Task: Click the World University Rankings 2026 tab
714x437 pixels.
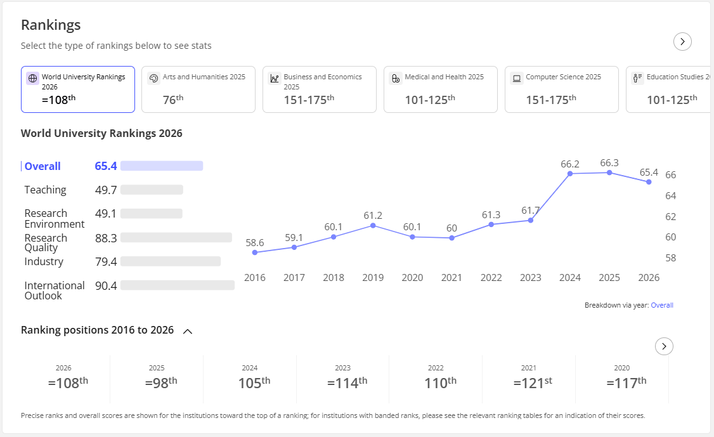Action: [78, 89]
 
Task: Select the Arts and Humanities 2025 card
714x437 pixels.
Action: [198, 89]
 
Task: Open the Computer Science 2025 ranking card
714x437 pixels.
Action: [561, 89]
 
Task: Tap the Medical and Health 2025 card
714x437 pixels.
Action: [440, 89]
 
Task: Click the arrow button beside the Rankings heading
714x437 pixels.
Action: [682, 41]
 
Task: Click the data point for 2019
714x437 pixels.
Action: [373, 226]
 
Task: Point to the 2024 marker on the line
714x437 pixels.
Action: [569, 174]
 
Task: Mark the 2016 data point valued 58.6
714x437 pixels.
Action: [254, 252]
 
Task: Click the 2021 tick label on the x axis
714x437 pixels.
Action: [451, 278]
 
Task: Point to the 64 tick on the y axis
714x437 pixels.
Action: [671, 196]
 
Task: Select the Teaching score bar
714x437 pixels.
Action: [152, 190]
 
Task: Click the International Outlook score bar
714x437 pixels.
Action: [178, 285]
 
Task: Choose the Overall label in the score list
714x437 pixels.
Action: [42, 166]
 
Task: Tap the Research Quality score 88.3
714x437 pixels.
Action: [106, 238]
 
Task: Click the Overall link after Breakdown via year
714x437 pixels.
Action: [661, 305]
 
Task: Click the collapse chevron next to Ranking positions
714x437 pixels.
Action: [188, 331]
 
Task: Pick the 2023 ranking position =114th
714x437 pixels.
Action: [347, 383]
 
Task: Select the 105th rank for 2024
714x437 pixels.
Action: [254, 383]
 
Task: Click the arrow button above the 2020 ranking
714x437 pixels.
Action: [664, 346]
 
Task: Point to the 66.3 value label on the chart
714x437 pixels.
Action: [609, 162]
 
